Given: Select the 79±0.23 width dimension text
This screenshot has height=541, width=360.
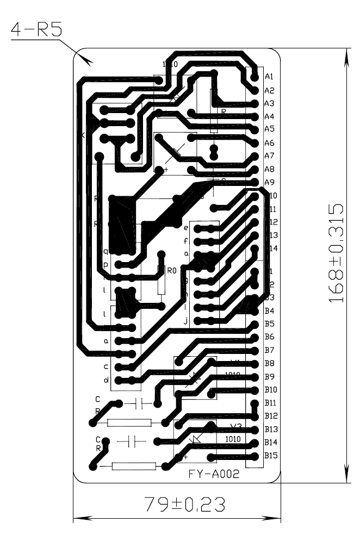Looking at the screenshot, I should tap(185, 505).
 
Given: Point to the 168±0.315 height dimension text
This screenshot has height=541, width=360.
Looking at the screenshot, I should tap(338, 253).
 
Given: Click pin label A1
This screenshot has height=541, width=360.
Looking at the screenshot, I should tap(269, 77).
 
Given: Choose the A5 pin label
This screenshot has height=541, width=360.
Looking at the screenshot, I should tap(269, 129).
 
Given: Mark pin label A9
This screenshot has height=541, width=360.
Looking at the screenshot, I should tap(269, 182).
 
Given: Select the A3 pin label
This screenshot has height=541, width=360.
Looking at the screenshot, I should tap(269, 103).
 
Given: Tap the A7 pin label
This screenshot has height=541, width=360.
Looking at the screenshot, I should tap(269, 156).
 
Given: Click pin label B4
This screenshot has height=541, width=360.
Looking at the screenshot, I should tap(269, 311).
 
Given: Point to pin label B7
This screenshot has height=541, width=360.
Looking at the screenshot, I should tap(269, 350).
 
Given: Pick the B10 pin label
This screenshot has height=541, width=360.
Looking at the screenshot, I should tap(271, 390).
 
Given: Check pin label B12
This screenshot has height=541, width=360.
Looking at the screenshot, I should tap(271, 416).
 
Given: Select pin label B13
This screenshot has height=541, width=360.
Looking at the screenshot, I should tap(271, 430).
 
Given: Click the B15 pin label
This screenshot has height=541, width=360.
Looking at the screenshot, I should tap(271, 456).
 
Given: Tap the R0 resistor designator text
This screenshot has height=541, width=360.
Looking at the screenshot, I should tap(172, 270).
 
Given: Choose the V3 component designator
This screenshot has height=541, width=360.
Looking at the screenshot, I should tap(235, 426).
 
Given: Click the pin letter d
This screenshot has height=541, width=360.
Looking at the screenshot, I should tap(106, 380).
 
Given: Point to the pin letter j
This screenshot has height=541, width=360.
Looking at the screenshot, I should tap(185, 321).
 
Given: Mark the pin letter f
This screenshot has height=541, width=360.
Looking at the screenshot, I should tap(185, 240).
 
